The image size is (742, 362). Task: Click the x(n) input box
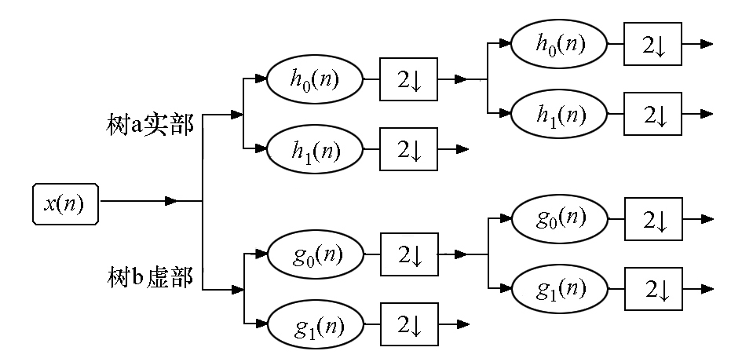click(65, 204)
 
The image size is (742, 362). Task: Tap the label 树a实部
click(149, 124)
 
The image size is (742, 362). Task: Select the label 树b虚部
click(149, 277)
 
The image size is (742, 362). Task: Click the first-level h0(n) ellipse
click(315, 79)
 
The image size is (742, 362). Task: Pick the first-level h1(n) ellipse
click(315, 149)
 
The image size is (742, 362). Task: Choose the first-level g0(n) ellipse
click(316, 254)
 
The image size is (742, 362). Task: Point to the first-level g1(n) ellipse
click(316, 324)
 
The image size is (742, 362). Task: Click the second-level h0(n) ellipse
click(559, 44)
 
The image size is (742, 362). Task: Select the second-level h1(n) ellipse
click(559, 114)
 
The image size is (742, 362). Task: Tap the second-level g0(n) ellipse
click(560, 219)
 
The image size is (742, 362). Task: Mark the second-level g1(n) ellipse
click(560, 289)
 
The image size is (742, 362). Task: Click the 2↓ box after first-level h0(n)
click(408, 79)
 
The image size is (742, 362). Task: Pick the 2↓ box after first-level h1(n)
click(408, 149)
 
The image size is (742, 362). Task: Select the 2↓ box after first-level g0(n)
click(409, 254)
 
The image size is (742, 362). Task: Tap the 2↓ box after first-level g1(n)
click(409, 324)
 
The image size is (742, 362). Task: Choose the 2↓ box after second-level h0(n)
click(652, 44)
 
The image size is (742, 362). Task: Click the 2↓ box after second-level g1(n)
click(653, 289)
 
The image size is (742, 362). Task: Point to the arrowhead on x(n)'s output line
click(171, 201)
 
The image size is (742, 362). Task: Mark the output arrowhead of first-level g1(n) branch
click(463, 324)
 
